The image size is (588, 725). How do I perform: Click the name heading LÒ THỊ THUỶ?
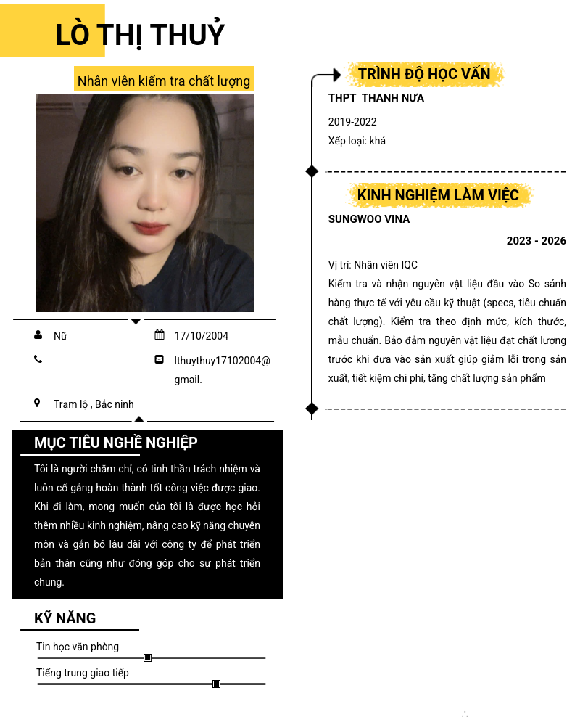tap(140, 35)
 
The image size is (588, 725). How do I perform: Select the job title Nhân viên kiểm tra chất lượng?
tap(164, 81)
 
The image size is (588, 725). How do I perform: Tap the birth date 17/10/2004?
tap(202, 336)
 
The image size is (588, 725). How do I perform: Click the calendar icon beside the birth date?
tap(160, 335)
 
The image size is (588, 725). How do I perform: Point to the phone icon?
tap(38, 359)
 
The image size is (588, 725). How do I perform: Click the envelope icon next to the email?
tap(160, 359)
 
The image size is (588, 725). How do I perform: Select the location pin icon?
tap(37, 403)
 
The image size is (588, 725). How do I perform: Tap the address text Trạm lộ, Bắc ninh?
tap(94, 404)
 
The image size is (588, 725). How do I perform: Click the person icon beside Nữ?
tap(38, 335)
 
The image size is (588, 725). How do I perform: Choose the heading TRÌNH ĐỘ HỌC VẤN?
tap(424, 74)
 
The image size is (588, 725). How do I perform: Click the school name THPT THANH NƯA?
tap(376, 98)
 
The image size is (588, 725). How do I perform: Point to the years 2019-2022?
tap(352, 122)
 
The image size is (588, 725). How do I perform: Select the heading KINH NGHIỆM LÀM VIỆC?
tap(438, 195)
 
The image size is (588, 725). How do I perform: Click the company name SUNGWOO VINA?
tap(369, 219)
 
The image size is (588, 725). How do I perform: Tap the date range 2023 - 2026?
tap(536, 241)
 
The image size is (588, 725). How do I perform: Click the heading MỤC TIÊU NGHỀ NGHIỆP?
tap(116, 443)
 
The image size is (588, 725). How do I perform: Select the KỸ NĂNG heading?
tap(65, 618)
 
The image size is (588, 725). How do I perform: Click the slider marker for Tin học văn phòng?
tap(147, 658)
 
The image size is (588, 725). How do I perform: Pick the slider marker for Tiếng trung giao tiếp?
tap(216, 684)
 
